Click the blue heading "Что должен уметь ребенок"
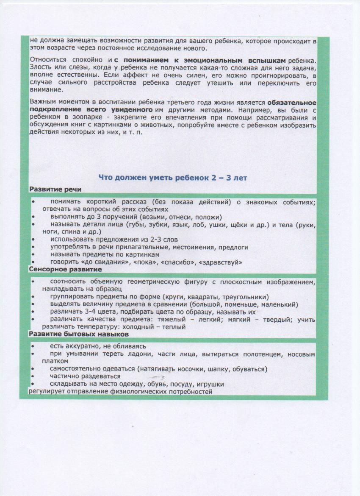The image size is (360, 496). pos(173,178)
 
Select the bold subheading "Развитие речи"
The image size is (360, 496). pos(55,189)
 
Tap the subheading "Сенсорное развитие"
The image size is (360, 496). pos(65,269)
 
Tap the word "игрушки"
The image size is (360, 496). pos(210,384)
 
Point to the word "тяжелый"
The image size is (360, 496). pos(187,320)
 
